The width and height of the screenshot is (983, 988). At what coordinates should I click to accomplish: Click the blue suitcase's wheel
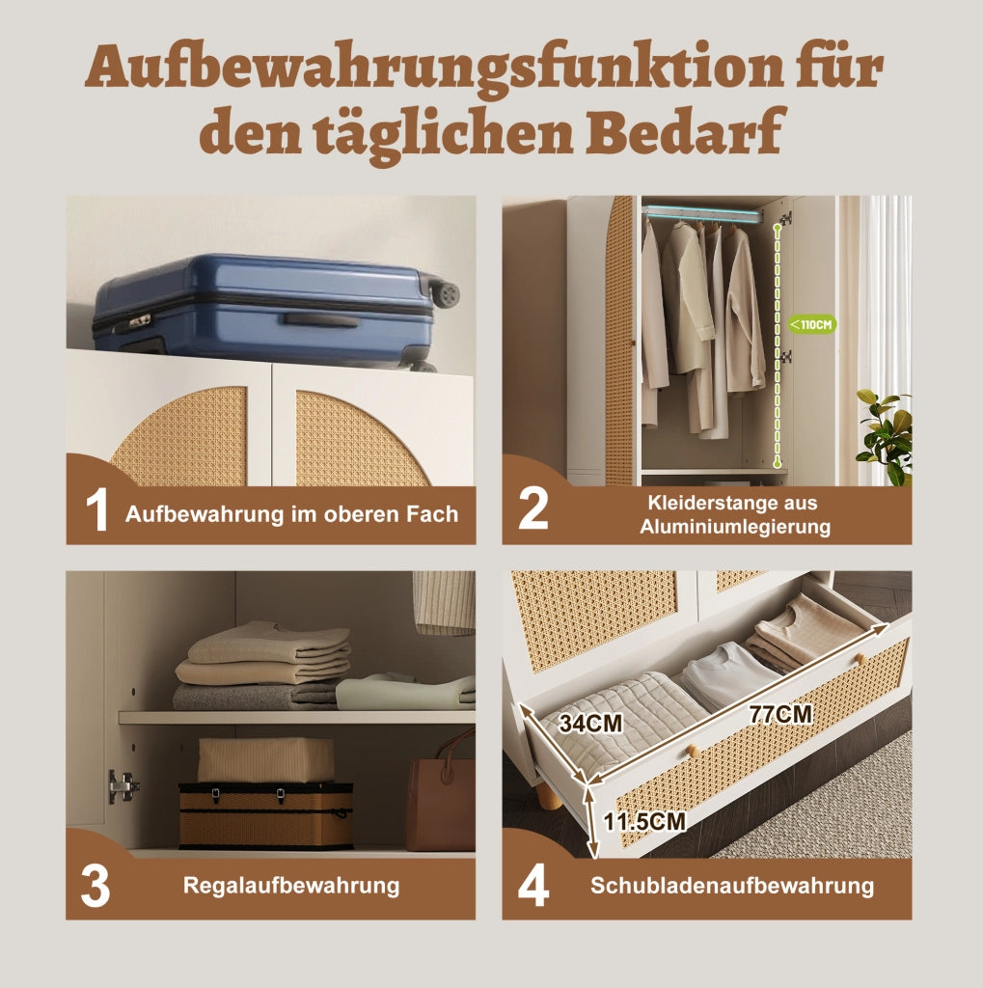coord(446,293)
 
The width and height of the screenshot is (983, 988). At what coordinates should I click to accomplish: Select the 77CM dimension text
coord(780,715)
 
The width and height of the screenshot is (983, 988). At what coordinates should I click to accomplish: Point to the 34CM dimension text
coord(590,724)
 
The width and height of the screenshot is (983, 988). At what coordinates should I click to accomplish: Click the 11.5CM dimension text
coord(644,821)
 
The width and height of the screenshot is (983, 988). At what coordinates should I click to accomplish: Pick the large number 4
coord(533,886)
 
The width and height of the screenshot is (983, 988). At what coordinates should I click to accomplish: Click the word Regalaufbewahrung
coord(291,886)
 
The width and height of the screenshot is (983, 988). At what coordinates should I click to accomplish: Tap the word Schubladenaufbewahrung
coord(732,886)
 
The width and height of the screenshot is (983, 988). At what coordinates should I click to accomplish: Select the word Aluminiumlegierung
coord(735,527)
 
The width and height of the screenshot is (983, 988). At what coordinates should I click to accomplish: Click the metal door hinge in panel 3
coord(123,785)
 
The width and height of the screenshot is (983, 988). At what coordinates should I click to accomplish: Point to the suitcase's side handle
coord(321,320)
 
